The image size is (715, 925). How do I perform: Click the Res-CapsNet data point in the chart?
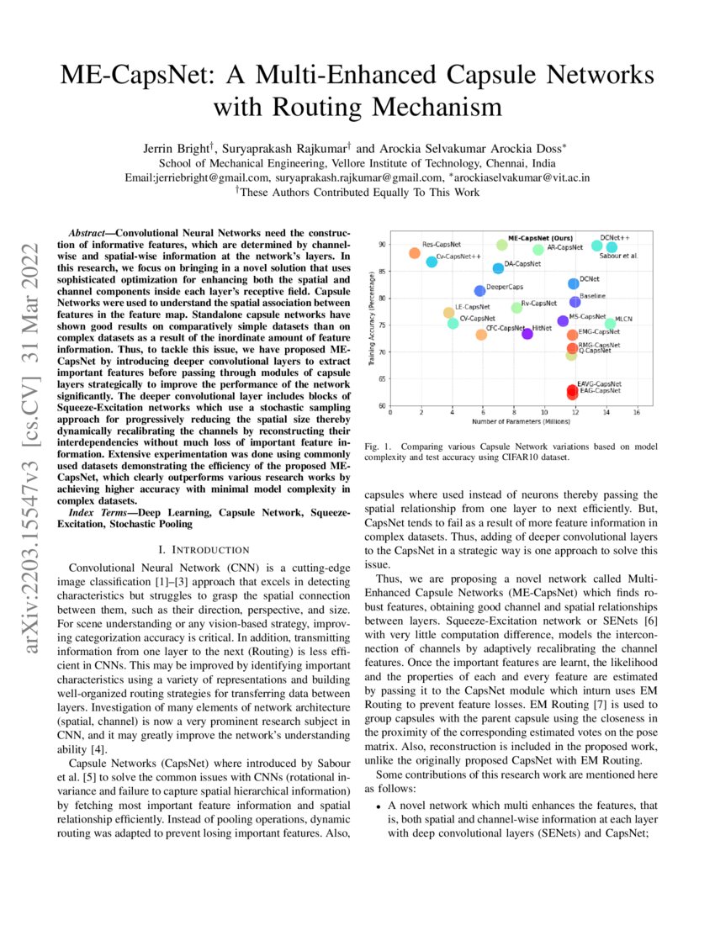pyautogui.click(x=414, y=253)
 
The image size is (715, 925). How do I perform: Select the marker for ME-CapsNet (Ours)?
pyautogui.click(x=502, y=245)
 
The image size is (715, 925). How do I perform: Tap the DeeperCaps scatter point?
pyautogui.click(x=479, y=291)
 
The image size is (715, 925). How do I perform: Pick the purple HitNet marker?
pyautogui.click(x=527, y=334)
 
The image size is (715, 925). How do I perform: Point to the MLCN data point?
pyautogui.click(x=610, y=324)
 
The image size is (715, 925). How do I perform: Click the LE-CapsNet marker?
pyautogui.click(x=448, y=313)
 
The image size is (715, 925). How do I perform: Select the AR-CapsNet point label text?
pyautogui.click(x=565, y=248)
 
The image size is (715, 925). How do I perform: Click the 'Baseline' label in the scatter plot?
pyautogui.click(x=592, y=296)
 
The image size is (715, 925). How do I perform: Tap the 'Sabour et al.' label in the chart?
pyautogui.click(x=618, y=255)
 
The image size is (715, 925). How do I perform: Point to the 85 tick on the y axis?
pyautogui.click(x=381, y=271)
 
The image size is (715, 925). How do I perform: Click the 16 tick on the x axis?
pyautogui.click(x=636, y=412)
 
